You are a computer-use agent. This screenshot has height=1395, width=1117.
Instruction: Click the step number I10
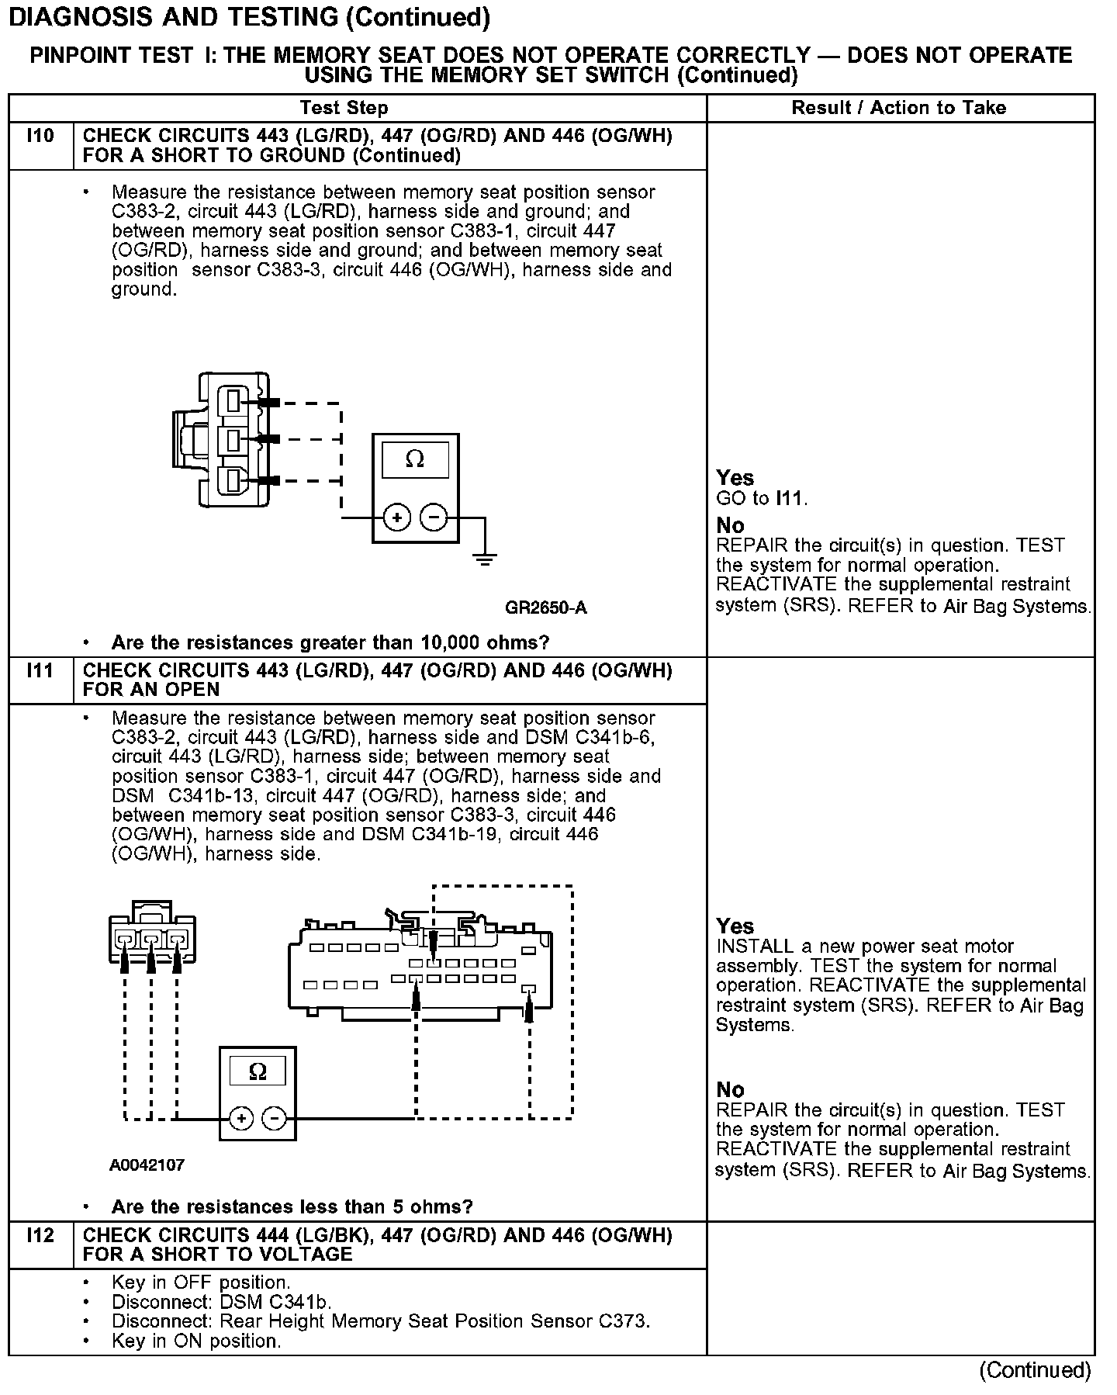point(40,137)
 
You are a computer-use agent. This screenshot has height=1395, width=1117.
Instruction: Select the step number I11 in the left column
point(40,670)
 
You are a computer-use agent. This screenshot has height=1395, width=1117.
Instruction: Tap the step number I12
point(40,1235)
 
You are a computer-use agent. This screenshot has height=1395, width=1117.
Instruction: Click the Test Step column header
point(344,108)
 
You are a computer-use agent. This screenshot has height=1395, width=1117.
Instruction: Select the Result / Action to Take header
point(898,108)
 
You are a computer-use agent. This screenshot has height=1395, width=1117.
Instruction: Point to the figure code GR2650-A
point(545,607)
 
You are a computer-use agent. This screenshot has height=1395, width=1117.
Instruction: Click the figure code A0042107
point(147,1165)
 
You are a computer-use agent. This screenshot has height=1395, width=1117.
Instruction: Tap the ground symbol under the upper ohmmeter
point(485,559)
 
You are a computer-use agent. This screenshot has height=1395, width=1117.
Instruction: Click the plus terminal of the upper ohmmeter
point(397,517)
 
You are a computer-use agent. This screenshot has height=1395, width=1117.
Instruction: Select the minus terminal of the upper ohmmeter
point(434,517)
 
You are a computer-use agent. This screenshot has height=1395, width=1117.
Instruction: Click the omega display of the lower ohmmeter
point(258,1072)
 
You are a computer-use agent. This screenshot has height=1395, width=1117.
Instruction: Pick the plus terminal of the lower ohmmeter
point(241,1118)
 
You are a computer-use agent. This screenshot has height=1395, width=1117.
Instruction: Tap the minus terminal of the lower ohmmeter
point(275,1118)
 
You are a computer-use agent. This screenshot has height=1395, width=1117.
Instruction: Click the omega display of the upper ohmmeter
point(415,460)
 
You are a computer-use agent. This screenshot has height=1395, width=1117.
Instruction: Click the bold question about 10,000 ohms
point(330,642)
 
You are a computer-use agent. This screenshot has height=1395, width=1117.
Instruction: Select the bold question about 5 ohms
point(292,1206)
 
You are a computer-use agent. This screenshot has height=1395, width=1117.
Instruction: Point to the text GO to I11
point(762,498)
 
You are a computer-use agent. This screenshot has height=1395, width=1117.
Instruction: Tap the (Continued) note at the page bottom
point(1035,1371)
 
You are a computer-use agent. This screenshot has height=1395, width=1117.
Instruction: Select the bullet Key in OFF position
point(201,1282)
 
